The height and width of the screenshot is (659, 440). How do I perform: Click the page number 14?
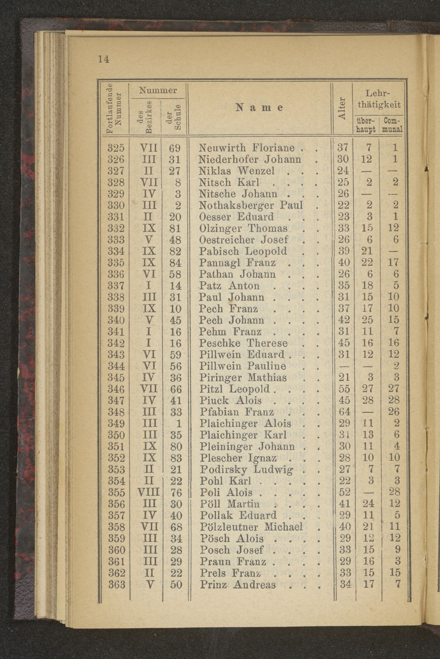[104, 59]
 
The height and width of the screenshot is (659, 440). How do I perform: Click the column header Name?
[259, 108]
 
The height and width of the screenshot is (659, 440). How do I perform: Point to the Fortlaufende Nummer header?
[114, 108]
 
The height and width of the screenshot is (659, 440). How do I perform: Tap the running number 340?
[116, 320]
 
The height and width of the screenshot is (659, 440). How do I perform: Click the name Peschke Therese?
[244, 343]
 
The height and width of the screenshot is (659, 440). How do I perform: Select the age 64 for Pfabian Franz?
[344, 412]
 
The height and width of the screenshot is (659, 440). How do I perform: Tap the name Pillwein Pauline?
[243, 366]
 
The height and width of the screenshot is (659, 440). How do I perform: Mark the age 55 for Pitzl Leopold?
[344, 389]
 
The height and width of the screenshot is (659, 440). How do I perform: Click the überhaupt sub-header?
[366, 125]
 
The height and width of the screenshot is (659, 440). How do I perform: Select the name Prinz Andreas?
[238, 584]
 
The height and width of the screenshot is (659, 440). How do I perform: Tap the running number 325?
[116, 148]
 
